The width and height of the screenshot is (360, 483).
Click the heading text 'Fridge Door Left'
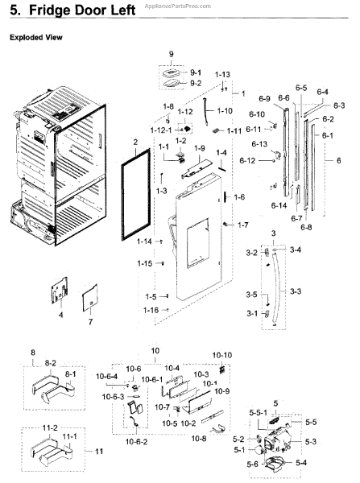click(x=82, y=10)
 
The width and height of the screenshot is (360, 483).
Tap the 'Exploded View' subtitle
click(x=36, y=37)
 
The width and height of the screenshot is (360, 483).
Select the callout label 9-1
click(x=196, y=72)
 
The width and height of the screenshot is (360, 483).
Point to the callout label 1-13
click(x=222, y=75)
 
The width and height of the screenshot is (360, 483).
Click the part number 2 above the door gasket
click(x=135, y=142)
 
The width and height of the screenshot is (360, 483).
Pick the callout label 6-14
click(x=279, y=205)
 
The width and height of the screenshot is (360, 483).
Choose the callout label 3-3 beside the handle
click(x=296, y=291)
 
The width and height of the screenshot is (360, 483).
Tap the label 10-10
click(x=222, y=355)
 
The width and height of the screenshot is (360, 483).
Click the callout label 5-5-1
click(x=259, y=412)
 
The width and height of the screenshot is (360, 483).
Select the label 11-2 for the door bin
click(x=50, y=428)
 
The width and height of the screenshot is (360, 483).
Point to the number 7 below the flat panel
click(x=90, y=322)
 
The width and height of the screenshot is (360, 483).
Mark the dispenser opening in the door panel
click(x=197, y=243)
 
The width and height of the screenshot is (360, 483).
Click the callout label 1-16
click(x=151, y=310)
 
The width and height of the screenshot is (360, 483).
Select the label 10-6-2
click(x=136, y=442)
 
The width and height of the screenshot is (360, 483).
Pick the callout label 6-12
click(x=247, y=160)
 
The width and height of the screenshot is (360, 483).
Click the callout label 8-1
click(x=70, y=374)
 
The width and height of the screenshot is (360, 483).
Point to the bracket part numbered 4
click(x=60, y=290)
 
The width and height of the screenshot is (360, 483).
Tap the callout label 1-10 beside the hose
click(x=225, y=110)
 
